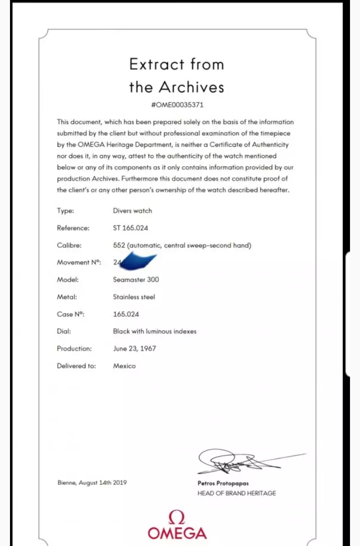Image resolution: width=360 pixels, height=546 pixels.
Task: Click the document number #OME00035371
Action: [x=177, y=105]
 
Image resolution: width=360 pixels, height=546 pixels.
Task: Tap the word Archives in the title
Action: [x=191, y=87]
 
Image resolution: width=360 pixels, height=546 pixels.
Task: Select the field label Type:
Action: [x=65, y=211]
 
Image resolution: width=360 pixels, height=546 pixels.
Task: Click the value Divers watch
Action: [x=132, y=211]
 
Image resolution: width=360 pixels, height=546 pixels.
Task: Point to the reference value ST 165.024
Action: [x=130, y=228]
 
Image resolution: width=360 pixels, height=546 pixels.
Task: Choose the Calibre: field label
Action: [x=69, y=246]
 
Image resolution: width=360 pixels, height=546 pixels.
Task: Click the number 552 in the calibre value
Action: [x=119, y=246]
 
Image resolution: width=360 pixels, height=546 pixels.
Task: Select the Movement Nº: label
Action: [x=79, y=263]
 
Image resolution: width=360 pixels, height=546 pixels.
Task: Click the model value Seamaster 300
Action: [x=136, y=280]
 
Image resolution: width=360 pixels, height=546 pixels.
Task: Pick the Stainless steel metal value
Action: [x=134, y=297]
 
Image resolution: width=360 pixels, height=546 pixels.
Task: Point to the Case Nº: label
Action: [x=70, y=314]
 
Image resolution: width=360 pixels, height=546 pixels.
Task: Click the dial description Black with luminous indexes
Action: [x=155, y=331]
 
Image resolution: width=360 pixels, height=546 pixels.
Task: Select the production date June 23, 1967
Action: [x=134, y=349]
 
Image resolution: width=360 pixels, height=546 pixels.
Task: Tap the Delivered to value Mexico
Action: [x=124, y=366]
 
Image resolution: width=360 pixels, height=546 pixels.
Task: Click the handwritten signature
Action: [x=233, y=461]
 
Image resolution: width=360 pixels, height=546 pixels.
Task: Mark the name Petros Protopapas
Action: [x=223, y=483]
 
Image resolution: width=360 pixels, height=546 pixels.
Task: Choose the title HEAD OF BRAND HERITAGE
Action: [x=237, y=493]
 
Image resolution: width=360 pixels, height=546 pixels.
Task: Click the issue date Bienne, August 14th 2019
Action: [x=92, y=483]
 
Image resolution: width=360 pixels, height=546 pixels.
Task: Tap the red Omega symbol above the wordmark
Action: [x=177, y=517]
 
